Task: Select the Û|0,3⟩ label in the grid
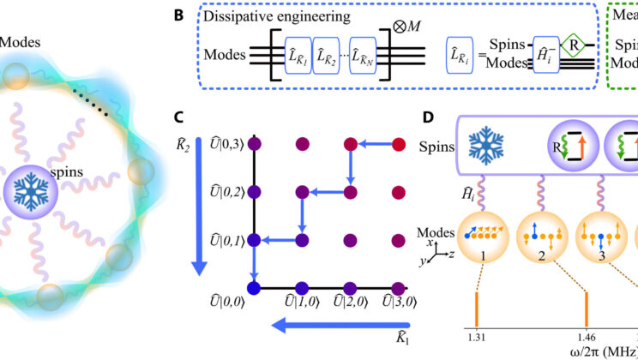click(x=229, y=148)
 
